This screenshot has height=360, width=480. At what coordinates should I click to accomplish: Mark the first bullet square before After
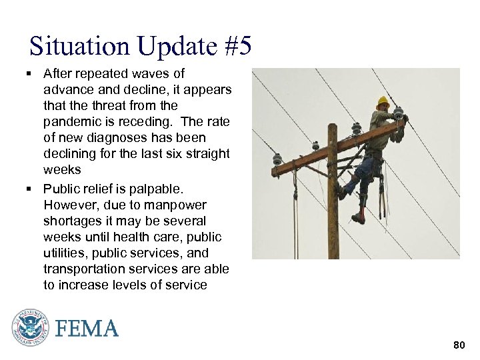[32, 73]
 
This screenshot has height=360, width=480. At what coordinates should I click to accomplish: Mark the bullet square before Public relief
[32, 189]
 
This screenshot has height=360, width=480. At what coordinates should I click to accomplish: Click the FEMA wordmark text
[87, 329]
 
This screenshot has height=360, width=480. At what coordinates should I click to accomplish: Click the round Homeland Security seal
[30, 327]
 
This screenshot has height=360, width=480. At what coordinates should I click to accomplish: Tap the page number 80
[459, 345]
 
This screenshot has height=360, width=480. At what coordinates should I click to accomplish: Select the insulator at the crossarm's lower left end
[277, 160]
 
